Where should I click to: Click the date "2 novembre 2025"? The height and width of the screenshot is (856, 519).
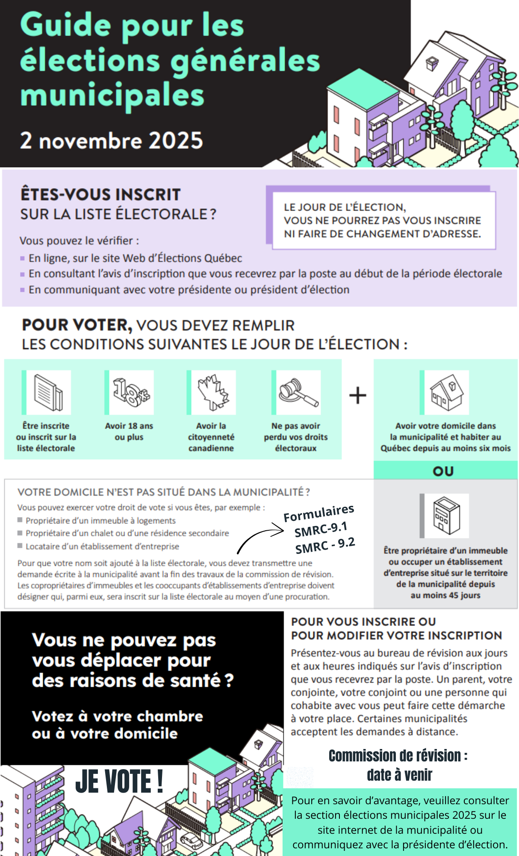[111, 140]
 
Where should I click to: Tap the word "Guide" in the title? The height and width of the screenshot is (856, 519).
[65, 25]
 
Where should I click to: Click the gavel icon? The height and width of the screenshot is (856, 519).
[298, 392]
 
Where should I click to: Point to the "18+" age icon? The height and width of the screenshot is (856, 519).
[131, 392]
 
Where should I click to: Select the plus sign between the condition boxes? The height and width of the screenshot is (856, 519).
[357, 395]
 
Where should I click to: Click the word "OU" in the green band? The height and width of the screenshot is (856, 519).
[443, 471]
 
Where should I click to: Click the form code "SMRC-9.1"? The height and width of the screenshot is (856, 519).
[321, 529]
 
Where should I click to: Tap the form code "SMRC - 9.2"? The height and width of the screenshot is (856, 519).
[325, 546]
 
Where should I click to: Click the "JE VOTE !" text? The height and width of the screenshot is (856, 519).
[119, 782]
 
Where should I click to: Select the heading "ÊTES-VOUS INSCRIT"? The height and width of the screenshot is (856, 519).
[100, 195]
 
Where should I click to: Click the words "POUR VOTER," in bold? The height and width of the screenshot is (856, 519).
[77, 325]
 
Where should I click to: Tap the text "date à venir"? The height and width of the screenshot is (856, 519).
[399, 775]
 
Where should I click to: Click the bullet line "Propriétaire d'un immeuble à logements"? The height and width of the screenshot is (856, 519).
[100, 520]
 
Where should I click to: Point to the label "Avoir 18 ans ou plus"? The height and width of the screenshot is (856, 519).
[129, 431]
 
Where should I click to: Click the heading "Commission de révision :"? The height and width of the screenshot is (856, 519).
[398, 756]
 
